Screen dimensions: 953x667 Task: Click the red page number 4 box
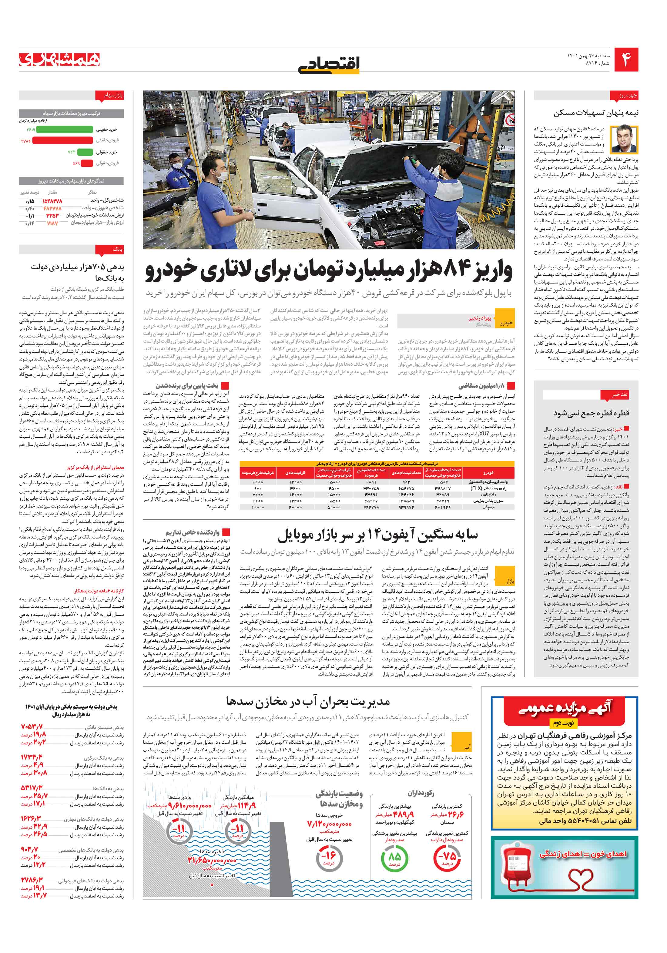coord(626,59)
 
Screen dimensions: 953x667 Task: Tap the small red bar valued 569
coord(87,163)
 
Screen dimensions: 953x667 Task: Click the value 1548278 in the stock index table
coord(52,200)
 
